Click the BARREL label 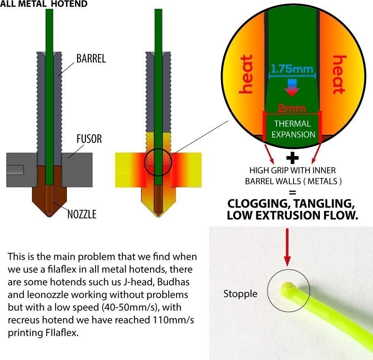(91, 58)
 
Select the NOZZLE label (81, 214)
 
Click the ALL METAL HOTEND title (44, 4)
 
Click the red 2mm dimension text (292, 108)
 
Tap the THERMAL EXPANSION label (292, 129)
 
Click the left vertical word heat (247, 75)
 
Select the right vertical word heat (338, 75)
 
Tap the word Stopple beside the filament (240, 293)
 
